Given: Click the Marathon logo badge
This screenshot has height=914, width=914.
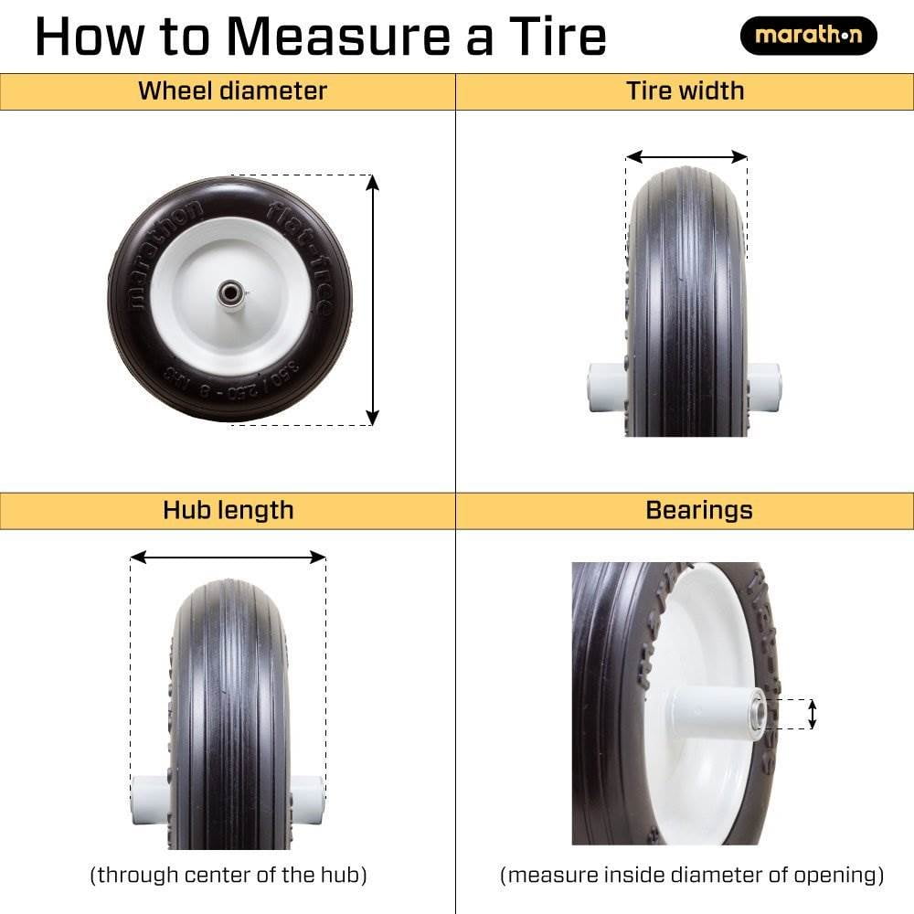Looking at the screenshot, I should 808,37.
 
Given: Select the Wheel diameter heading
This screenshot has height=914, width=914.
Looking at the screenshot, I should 232,91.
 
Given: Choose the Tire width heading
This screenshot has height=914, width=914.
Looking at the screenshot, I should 685,91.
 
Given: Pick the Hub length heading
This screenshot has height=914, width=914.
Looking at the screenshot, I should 228,510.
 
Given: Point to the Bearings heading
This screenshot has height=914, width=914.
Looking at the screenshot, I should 698,510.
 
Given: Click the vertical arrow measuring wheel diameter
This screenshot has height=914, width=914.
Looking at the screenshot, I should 372,299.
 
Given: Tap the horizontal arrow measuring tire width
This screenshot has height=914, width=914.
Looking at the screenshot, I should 686,157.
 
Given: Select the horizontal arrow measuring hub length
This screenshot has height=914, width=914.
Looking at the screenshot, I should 228,557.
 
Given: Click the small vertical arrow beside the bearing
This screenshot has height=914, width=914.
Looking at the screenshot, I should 812,714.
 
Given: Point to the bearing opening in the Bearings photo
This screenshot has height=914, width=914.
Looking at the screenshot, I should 757,713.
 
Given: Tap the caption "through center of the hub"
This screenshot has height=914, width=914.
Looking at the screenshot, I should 228,875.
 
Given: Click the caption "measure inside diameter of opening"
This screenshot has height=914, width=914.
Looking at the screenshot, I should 692,875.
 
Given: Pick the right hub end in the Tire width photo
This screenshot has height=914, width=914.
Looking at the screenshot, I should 764,386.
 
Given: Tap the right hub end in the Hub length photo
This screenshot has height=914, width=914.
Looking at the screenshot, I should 308,798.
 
